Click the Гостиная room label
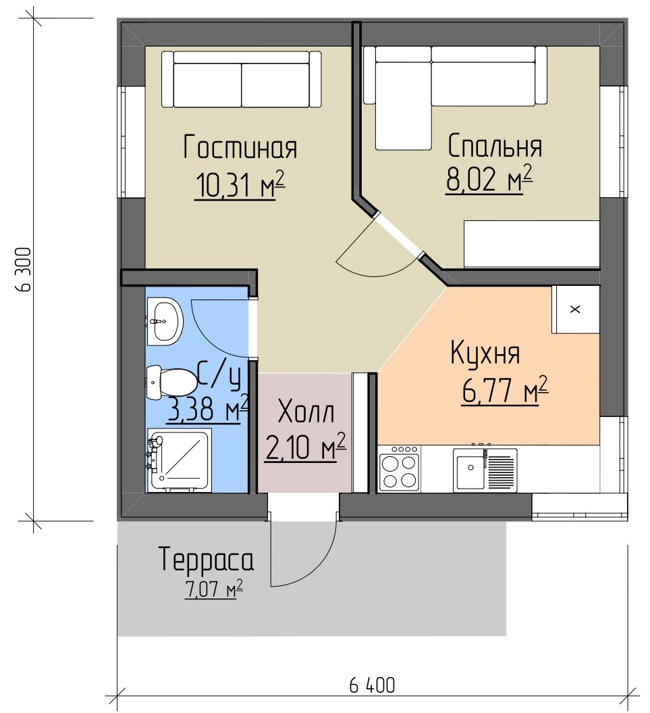coord(240,147)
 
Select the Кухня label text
coord(485,353)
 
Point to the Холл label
coord(306,412)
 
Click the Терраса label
coord(206,559)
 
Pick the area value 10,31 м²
coord(240,185)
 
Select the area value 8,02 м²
coord(489,179)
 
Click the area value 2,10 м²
coord(305,447)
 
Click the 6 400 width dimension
coord(372,685)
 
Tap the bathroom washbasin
coord(164,322)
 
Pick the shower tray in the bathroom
coord(179,460)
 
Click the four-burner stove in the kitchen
coord(400,468)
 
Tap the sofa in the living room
coord(241,79)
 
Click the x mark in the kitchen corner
coord(575,310)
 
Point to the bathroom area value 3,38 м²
coord(208,408)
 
